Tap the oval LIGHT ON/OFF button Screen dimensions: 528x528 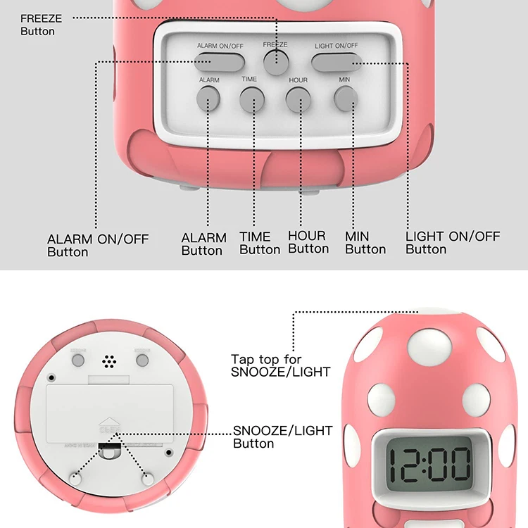[x=335, y=61]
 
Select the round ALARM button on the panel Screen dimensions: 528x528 [x=208, y=99]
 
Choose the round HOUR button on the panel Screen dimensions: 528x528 [x=298, y=100]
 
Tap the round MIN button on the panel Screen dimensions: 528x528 [x=344, y=99]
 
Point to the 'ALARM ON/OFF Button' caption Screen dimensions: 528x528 [x=98, y=245]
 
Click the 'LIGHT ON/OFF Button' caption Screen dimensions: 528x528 [x=452, y=242]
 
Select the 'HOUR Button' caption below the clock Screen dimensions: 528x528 [x=308, y=241]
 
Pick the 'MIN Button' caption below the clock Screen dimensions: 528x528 [x=365, y=242]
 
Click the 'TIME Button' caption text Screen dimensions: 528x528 [x=259, y=243]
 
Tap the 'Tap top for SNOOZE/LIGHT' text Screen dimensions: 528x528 [x=280, y=365]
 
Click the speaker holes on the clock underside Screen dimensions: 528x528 [x=108, y=362]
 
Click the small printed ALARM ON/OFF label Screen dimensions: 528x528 [x=220, y=46]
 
